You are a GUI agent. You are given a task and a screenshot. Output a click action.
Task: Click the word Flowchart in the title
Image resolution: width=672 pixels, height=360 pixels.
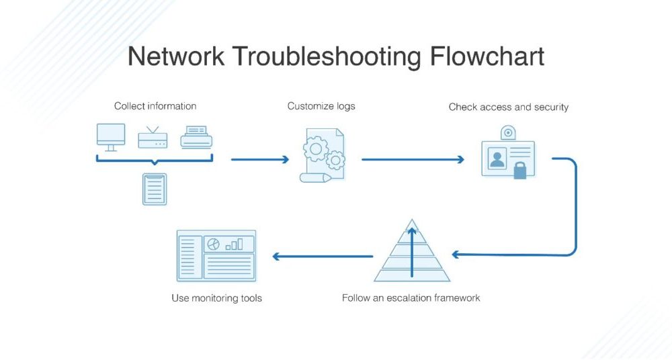point(487,56)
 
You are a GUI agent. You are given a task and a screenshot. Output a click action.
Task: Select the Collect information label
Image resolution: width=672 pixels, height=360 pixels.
point(155,106)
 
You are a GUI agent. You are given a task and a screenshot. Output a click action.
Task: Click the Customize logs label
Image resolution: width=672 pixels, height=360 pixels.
point(321,106)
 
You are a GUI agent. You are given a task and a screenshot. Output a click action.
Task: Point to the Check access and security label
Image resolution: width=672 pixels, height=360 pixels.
point(509,107)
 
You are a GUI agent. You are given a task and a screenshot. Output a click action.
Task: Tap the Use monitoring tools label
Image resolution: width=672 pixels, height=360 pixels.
point(216,298)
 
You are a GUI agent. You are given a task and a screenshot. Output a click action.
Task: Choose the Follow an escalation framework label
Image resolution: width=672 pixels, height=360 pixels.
point(411,298)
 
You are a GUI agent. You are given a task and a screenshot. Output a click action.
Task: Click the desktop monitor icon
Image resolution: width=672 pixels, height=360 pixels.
point(111,137)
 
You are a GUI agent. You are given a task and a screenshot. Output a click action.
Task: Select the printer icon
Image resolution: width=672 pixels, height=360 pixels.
point(196,137)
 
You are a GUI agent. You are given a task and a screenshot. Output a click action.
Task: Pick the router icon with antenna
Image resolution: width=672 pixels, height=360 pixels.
point(153,138)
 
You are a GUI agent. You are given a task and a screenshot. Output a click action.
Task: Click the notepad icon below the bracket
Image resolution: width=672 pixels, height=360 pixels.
point(155,189)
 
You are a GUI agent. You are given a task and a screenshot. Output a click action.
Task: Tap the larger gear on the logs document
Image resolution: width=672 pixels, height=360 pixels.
point(316,149)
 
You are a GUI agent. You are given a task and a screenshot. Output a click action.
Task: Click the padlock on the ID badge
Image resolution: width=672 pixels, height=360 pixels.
point(520,171)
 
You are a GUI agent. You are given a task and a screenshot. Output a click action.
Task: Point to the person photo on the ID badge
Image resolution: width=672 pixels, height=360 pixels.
point(497,159)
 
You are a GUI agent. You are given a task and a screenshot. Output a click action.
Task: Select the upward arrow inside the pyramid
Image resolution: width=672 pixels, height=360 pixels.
point(412,253)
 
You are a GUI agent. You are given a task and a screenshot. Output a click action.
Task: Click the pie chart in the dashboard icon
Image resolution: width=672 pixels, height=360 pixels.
point(214,244)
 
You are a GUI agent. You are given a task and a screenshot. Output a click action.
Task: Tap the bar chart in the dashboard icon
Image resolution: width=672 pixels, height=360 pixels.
point(235,244)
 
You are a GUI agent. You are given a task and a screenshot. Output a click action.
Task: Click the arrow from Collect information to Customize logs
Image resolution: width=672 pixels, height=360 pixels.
point(260,159)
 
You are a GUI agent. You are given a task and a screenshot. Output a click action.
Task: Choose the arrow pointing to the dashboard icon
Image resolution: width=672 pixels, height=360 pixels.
point(323,257)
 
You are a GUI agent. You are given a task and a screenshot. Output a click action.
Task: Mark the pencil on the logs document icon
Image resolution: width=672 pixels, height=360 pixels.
point(315,177)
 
